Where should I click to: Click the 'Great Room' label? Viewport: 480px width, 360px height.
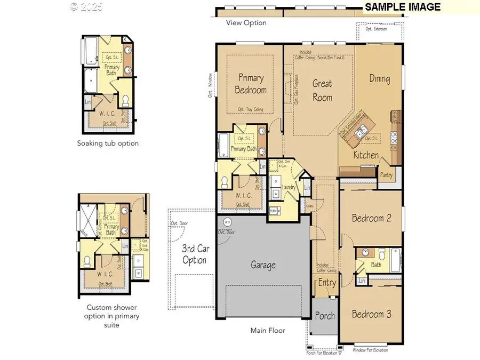pyautogui.click(x=322, y=90)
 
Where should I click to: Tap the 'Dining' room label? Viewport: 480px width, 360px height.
pyautogui.click(x=380, y=79)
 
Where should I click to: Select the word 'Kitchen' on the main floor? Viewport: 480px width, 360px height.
pyautogui.click(x=366, y=155)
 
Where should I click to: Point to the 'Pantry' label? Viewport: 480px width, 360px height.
pyautogui.click(x=387, y=174)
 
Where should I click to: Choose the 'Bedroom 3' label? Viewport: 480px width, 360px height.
pyautogui.click(x=371, y=314)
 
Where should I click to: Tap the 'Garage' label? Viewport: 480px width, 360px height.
pyautogui.click(x=263, y=265)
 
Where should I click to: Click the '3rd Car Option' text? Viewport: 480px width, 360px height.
pyautogui.click(x=194, y=254)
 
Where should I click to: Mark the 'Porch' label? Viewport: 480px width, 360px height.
pyautogui.click(x=324, y=316)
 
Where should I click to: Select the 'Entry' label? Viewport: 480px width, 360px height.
pyautogui.click(x=327, y=283)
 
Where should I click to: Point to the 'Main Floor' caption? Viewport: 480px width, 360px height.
pyautogui.click(x=268, y=331)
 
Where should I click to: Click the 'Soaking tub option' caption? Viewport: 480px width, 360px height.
pyautogui.click(x=108, y=143)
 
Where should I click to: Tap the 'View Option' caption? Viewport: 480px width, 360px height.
pyautogui.click(x=246, y=23)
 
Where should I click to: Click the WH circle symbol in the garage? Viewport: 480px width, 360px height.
pyautogui.click(x=227, y=222)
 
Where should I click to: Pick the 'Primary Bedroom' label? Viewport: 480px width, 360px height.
pyautogui.click(x=251, y=84)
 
